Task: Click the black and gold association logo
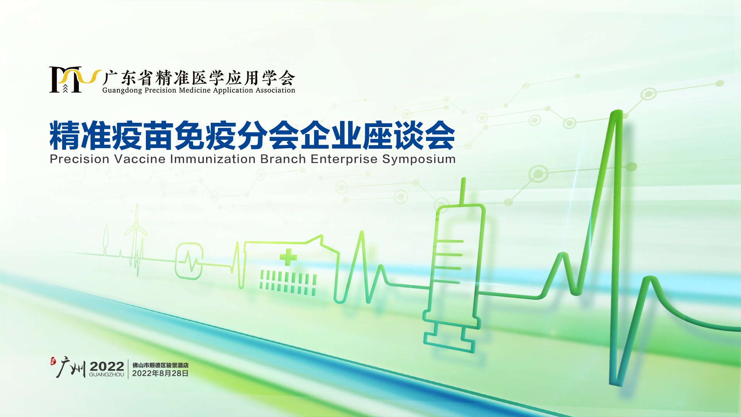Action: pos(74,80)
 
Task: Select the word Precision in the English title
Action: pos(80,159)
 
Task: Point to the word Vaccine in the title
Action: pos(140,159)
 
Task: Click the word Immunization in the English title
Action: pos(213,159)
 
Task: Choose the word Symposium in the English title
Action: pos(419,159)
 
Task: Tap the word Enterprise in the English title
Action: pos(344,159)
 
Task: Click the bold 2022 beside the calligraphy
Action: pos(107,366)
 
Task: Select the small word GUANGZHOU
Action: pos(107,375)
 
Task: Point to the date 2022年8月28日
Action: pos(161,373)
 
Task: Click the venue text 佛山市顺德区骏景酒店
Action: pos(161,365)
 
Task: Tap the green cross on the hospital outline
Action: pos(288,257)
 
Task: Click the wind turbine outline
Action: pos(136,236)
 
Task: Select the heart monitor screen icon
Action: pos(189,261)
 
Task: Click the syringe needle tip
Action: pos(463,179)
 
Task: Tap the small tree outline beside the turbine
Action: pos(105,239)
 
